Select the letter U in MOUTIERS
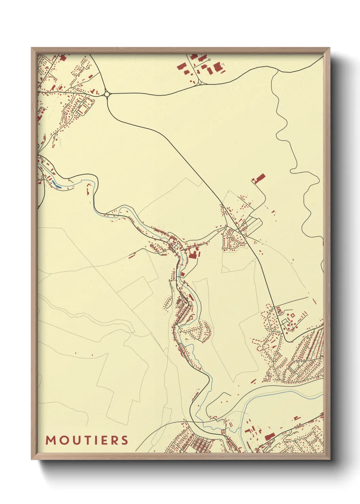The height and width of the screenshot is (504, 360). [x=77, y=440]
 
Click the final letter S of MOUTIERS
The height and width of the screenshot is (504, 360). [x=125, y=440]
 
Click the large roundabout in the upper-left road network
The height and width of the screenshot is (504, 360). [x=107, y=94]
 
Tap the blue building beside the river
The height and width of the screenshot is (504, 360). [x=56, y=186]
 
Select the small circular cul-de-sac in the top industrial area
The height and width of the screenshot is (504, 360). [x=209, y=60]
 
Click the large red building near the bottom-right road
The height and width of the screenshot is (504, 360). [x=269, y=436]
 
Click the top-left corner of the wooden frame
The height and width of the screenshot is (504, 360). [x=32, y=48]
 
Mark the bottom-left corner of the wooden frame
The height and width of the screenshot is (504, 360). [x=32, y=459]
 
